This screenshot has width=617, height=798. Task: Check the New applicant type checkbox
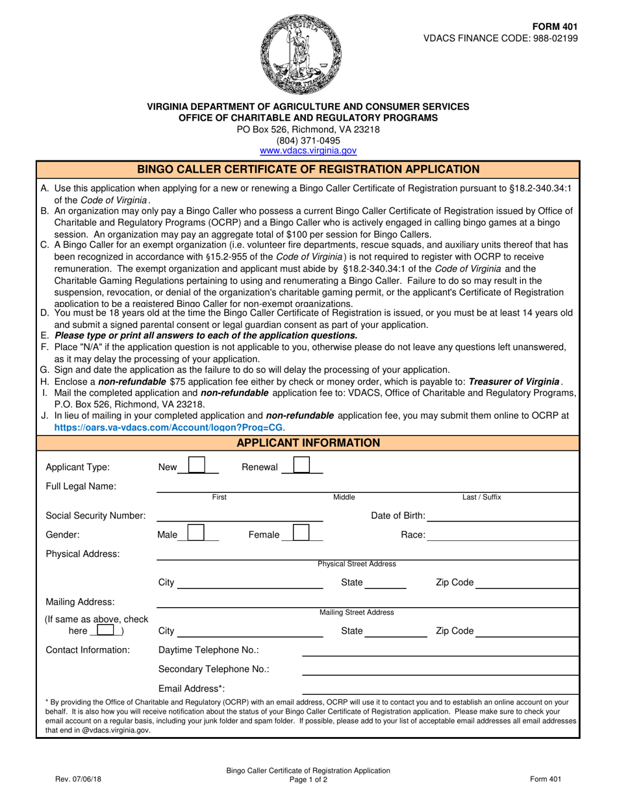point(197,466)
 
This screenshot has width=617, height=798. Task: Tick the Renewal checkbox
point(301,466)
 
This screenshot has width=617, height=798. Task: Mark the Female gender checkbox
point(301,534)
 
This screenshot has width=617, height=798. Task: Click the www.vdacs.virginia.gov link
point(308,151)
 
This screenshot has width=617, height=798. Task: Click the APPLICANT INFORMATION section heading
point(308,443)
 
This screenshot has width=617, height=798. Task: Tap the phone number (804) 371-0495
point(308,140)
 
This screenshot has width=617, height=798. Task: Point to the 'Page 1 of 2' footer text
point(308,780)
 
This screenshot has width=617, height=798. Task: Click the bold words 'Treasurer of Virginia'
point(514,381)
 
